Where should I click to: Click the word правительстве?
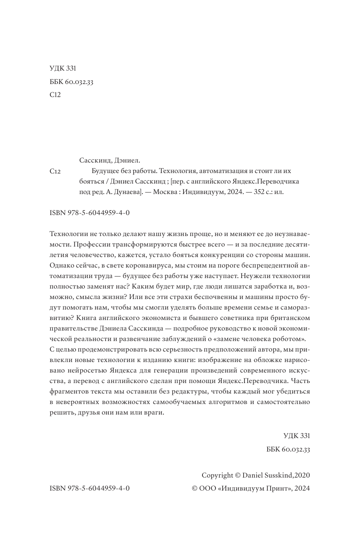[x=77, y=328]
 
